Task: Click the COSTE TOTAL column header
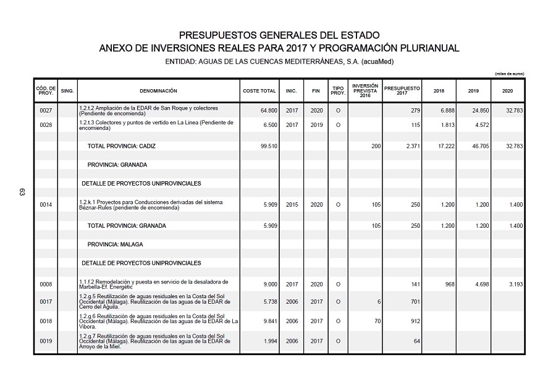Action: [259, 91]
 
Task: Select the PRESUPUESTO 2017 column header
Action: [402, 91]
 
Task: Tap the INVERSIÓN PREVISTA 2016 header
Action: [364, 91]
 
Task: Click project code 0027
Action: [46, 111]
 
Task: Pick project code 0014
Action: [46, 204]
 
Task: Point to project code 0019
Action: [46, 341]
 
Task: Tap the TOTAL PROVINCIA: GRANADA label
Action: [127, 226]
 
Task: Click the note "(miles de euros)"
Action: [510, 74]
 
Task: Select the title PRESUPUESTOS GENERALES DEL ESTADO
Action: [279, 36]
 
